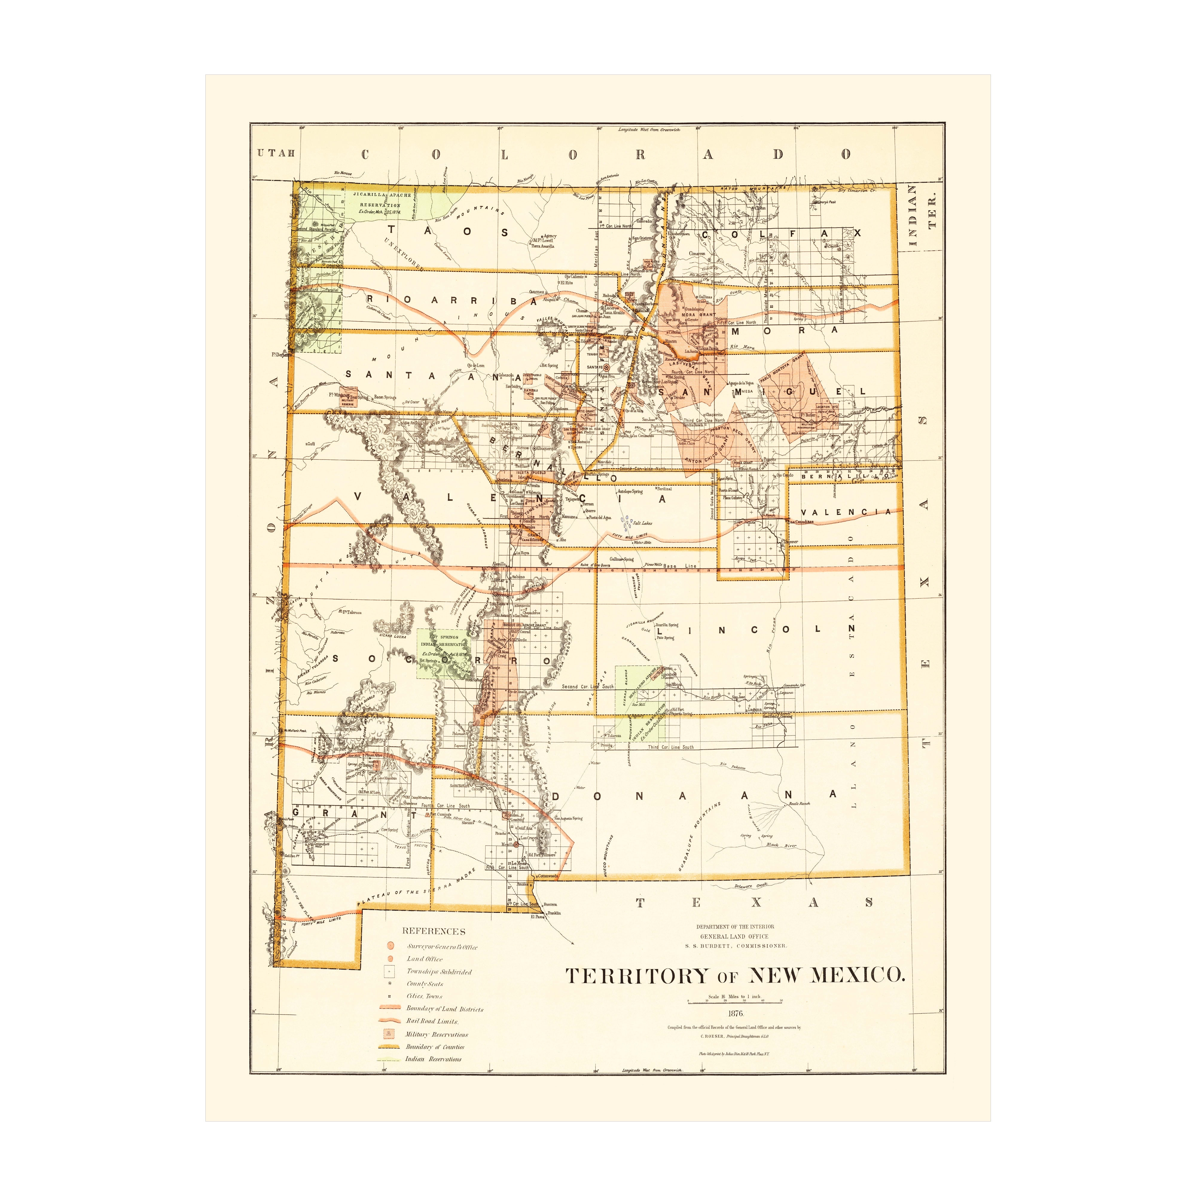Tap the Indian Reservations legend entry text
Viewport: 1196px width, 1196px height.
pyautogui.click(x=433, y=1058)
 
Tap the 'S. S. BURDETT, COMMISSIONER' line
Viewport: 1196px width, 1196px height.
pyautogui.click(x=736, y=946)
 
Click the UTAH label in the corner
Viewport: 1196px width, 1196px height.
pyautogui.click(x=276, y=153)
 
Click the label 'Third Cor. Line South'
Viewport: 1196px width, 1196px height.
pyautogui.click(x=670, y=747)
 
